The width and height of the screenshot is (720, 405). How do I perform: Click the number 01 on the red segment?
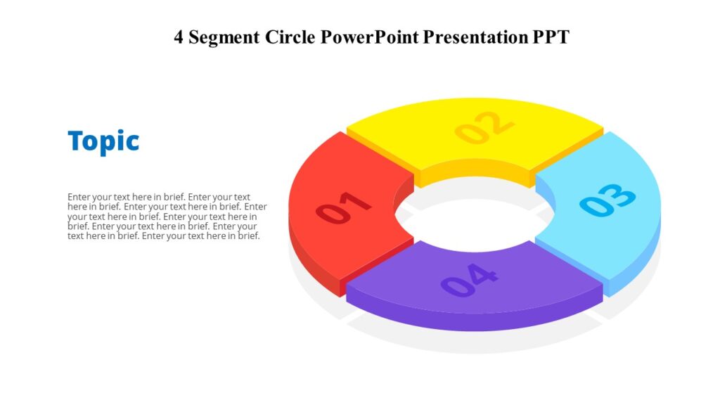[343, 208]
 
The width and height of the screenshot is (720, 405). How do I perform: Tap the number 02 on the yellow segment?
[484, 127]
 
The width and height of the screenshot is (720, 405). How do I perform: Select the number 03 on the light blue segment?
[607, 200]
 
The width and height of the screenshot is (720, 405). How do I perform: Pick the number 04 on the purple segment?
[469, 280]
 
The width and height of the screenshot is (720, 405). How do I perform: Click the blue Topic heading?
[103, 141]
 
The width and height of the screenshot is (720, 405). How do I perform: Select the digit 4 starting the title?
[179, 37]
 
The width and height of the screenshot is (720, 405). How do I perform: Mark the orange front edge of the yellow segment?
[475, 175]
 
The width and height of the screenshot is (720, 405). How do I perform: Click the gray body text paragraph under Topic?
[167, 217]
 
